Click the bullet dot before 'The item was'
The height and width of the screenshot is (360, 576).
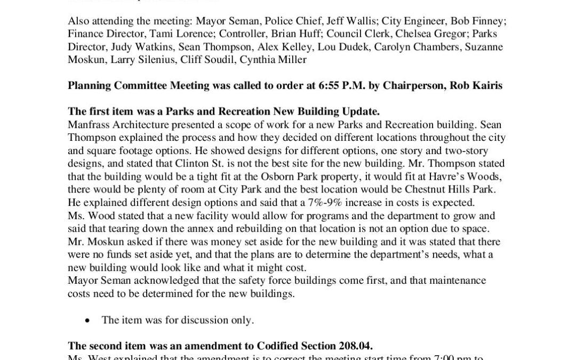pyautogui.click(x=87, y=320)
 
